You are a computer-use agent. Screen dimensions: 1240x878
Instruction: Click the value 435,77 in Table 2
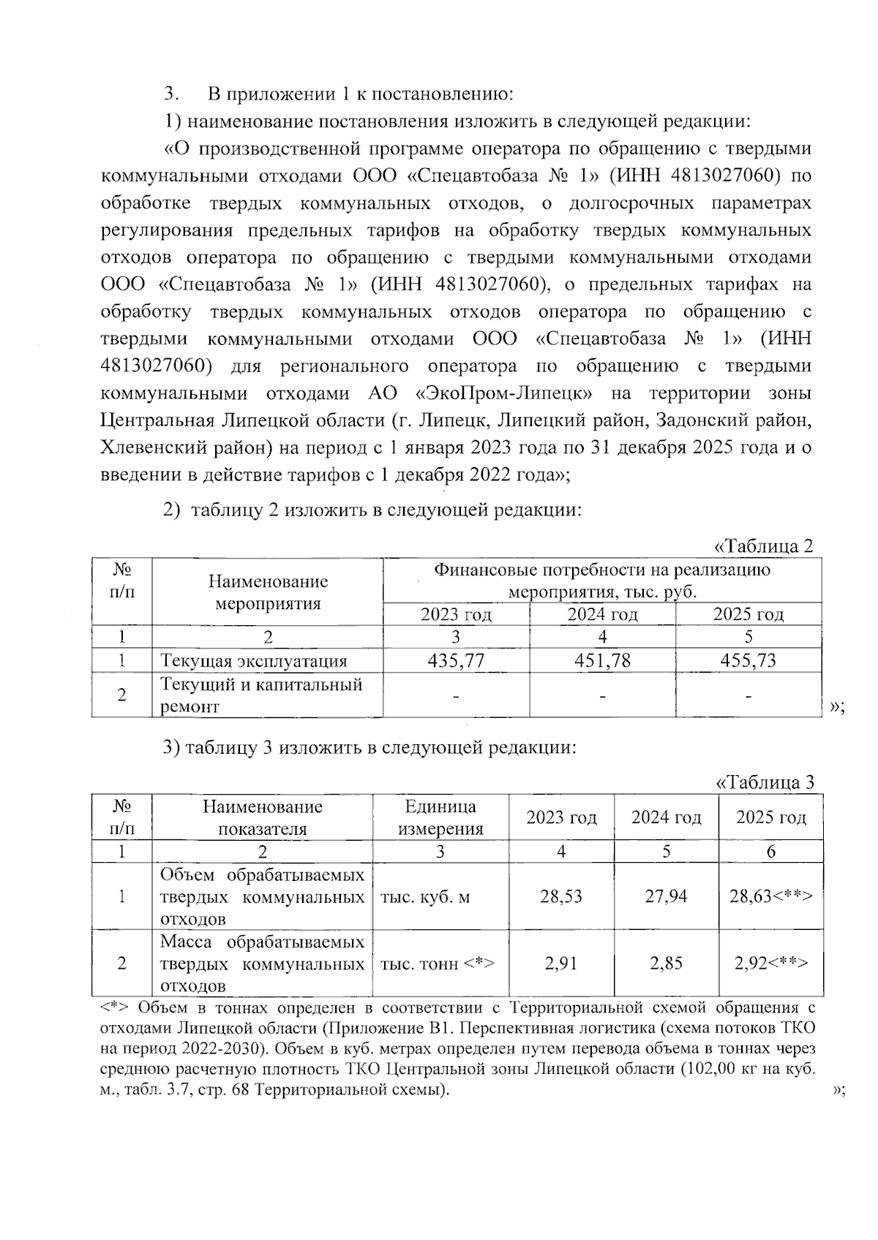coord(456,661)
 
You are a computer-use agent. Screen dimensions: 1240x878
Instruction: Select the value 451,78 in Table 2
coord(602,661)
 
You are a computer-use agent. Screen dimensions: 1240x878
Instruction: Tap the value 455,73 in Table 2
coord(748,661)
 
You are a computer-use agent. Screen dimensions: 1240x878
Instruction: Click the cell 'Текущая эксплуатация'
coord(253,662)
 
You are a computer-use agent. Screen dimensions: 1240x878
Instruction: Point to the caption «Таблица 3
coord(764,782)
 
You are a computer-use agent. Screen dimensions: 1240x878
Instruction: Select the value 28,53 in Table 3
coord(561,896)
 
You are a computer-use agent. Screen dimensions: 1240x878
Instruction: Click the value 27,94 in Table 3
coord(666,896)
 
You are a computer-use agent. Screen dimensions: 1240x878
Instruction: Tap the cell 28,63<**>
coord(771,896)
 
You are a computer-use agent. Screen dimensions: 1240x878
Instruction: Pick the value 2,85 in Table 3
coord(666,964)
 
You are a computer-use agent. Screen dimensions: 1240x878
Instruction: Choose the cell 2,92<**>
coord(771,964)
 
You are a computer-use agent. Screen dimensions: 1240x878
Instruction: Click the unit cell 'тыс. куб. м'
coord(425,897)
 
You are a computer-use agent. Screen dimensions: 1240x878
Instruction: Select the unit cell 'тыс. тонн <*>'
coord(438,964)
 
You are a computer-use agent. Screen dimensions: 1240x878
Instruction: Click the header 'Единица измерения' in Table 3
coord(440,817)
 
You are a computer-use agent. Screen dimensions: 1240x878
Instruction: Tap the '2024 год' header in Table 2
coord(602,615)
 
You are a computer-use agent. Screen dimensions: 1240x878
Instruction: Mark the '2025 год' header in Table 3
coord(771,817)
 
